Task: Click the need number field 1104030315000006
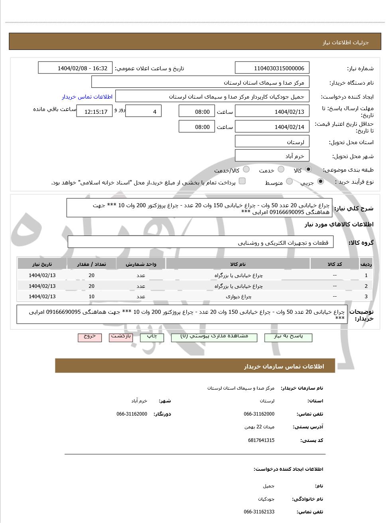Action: point(272,68)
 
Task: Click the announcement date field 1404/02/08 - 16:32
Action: point(75,68)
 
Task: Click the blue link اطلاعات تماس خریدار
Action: point(87,97)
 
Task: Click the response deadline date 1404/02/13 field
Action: point(272,112)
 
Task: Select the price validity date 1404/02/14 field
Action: point(272,127)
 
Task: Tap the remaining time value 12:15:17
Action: point(95,112)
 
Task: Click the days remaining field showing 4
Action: point(143,112)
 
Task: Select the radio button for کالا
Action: point(308,169)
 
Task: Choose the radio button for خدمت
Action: point(281,169)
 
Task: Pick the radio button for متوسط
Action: point(290,182)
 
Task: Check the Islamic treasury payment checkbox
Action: point(242,181)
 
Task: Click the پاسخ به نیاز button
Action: point(288,337)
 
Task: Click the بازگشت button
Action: point(121,337)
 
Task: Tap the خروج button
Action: point(90,337)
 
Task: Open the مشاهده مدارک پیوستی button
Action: point(214,337)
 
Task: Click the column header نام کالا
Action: point(238,264)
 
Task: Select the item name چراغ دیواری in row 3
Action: point(238,297)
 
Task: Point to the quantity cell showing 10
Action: point(92,297)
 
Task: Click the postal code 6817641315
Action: point(261,440)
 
